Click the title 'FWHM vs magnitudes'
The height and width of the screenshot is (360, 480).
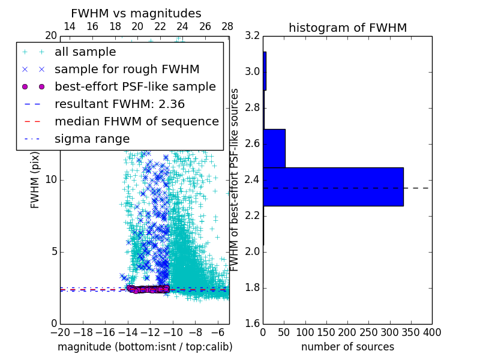136,13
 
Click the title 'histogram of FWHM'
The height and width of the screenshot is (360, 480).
347,28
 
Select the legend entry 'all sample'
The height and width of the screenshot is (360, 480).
85,52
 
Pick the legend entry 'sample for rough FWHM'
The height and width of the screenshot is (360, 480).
127,69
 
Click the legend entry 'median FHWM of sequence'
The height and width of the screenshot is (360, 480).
136,121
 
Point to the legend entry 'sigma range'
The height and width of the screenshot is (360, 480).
92,139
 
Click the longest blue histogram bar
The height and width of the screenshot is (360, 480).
333,187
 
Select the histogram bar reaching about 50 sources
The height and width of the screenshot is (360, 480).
274,148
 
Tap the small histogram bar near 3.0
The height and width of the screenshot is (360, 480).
265,71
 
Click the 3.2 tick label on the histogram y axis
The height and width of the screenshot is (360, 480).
253,36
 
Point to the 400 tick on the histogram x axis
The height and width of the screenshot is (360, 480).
432,332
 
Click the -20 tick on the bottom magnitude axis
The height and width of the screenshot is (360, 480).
60,332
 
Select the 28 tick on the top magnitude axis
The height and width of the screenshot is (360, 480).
227,26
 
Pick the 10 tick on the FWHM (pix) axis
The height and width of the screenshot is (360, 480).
51,180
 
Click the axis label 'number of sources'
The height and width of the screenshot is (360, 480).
347,347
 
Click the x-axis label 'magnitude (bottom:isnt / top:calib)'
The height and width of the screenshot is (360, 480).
145,347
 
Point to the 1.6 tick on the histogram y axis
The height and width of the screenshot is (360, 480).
253,324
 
